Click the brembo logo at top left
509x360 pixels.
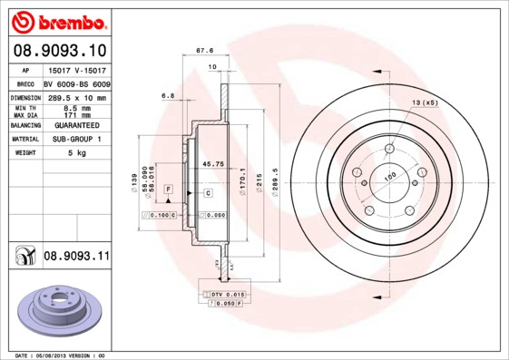click(x=57, y=19)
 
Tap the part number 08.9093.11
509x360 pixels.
click(x=76, y=257)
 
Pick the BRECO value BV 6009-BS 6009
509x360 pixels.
click(x=76, y=83)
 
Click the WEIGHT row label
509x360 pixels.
click(x=24, y=153)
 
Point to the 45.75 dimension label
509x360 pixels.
click(x=211, y=164)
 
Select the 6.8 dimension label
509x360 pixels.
click(x=167, y=94)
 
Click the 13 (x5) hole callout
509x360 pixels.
click(x=425, y=103)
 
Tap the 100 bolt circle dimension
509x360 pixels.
click(x=391, y=178)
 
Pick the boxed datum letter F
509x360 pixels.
click(x=168, y=188)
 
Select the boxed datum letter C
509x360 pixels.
click(x=207, y=193)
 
